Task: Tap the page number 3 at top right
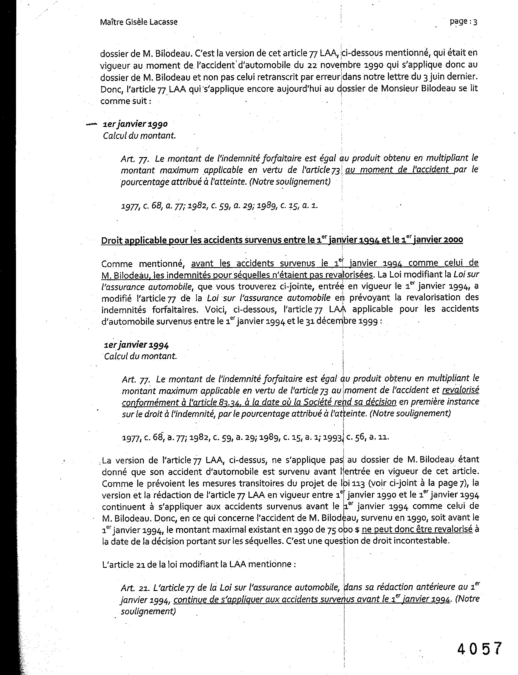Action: (475, 22)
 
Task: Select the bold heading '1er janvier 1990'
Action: (135, 124)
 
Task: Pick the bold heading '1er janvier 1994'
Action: (136, 345)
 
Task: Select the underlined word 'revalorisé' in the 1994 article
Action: (460, 390)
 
